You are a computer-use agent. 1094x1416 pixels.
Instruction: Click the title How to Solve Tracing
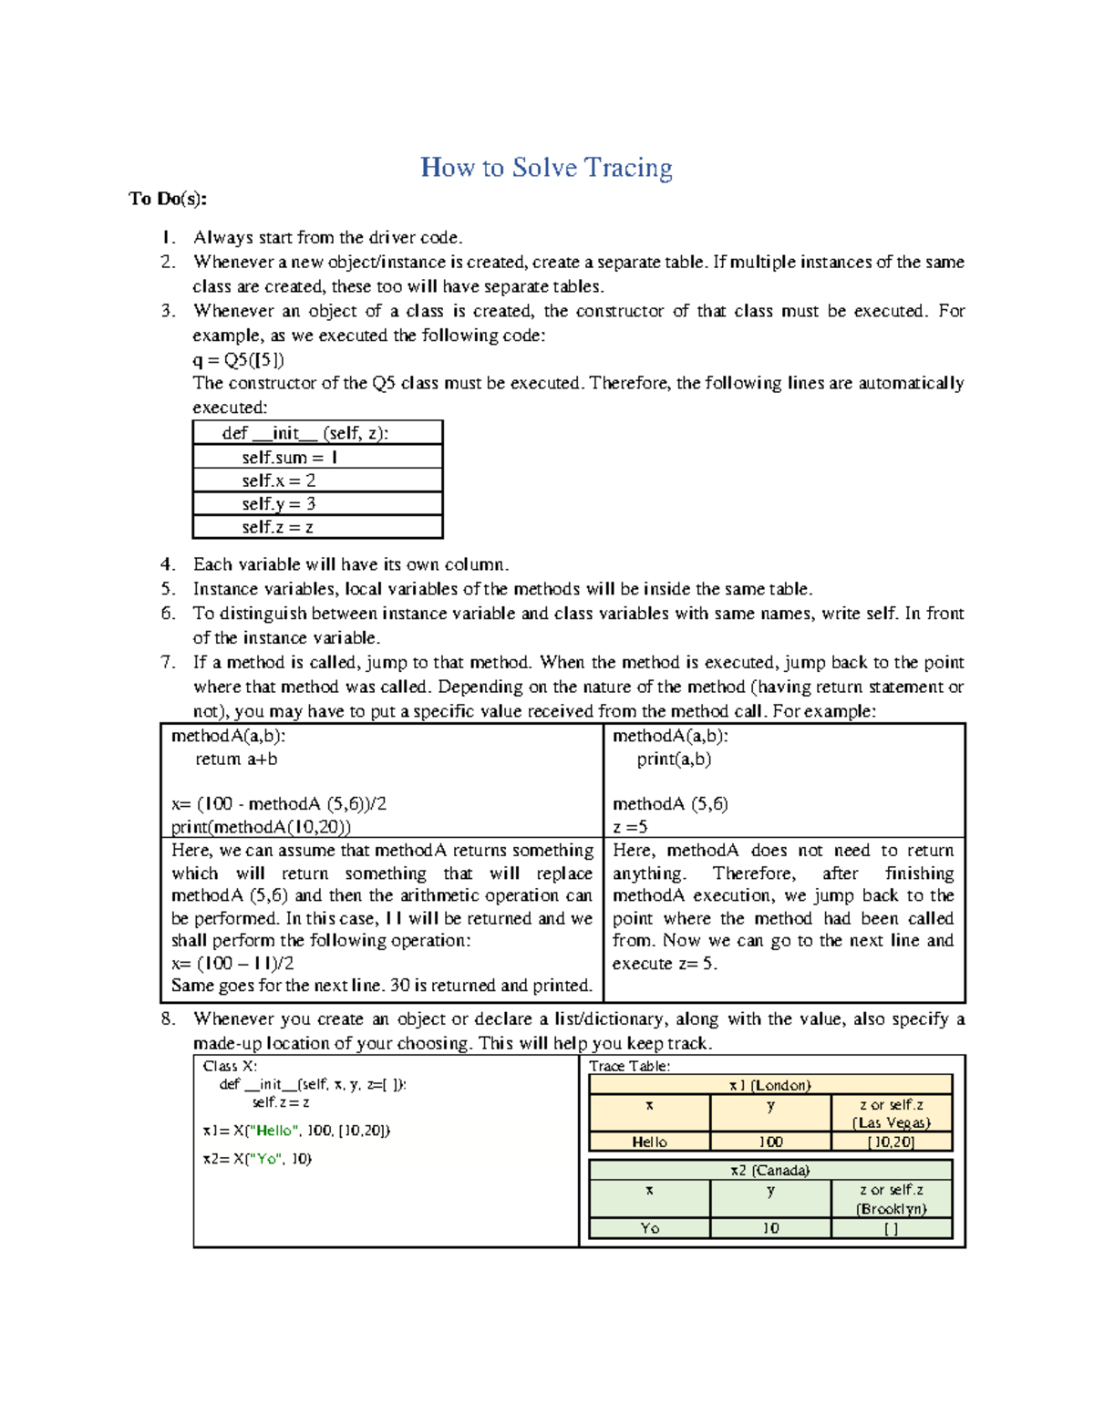pyautogui.click(x=546, y=168)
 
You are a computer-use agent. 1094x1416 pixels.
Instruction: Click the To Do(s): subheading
pyautogui.click(x=168, y=199)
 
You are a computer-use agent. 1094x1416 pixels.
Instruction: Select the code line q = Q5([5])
pyautogui.click(x=239, y=359)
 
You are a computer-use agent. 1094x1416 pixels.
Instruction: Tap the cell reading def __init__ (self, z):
pyautogui.click(x=317, y=433)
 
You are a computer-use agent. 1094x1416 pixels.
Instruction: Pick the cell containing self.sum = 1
pyautogui.click(x=317, y=457)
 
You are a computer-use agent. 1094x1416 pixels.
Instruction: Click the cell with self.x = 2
pyautogui.click(x=317, y=481)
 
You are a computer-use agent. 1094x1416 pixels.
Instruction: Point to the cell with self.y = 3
pyautogui.click(x=317, y=504)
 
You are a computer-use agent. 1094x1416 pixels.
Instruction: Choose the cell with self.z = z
pyautogui.click(x=317, y=527)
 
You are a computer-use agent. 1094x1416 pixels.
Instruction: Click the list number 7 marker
pyautogui.click(x=168, y=663)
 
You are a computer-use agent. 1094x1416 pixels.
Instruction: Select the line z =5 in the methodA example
pyautogui.click(x=630, y=827)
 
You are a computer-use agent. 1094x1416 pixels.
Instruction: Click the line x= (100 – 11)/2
pyautogui.click(x=232, y=964)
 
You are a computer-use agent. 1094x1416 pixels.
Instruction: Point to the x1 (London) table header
pyautogui.click(x=770, y=1085)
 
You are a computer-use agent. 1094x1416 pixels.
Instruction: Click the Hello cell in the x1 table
pyautogui.click(x=649, y=1142)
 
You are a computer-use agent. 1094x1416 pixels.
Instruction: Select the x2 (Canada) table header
pyautogui.click(x=770, y=1170)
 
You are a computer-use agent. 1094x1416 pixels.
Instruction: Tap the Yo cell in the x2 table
pyautogui.click(x=649, y=1228)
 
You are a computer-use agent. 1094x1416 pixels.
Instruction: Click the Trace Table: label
pyautogui.click(x=630, y=1066)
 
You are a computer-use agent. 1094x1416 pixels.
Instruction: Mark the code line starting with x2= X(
pyautogui.click(x=257, y=1159)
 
